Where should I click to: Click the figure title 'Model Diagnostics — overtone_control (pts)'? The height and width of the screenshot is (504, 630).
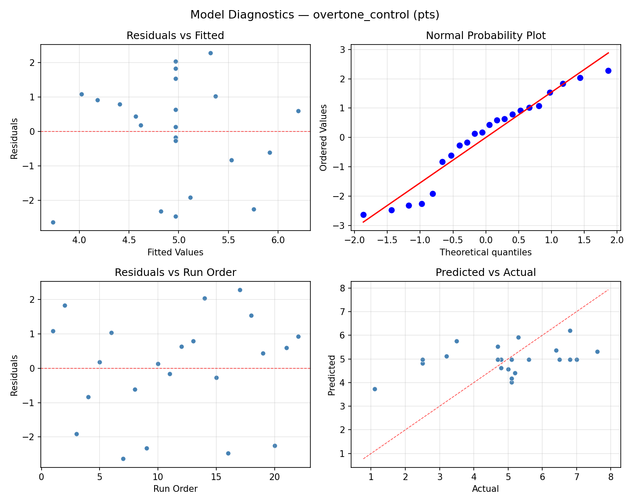[315, 15]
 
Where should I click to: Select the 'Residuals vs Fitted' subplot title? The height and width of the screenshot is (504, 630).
[175, 36]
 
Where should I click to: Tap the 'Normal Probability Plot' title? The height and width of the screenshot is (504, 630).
[486, 36]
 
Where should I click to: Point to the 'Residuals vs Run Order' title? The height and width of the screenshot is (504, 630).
[175, 273]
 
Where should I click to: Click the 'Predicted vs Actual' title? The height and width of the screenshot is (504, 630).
[486, 273]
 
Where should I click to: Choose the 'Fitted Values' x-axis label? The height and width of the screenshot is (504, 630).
[175, 252]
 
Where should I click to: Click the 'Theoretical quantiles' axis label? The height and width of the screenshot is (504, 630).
[486, 252]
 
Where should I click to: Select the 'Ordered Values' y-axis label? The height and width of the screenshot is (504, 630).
[323, 138]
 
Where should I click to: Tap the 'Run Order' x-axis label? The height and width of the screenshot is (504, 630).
[175, 489]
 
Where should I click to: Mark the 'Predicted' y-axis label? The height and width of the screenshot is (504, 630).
[332, 375]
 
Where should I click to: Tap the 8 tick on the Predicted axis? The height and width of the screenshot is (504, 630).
[343, 289]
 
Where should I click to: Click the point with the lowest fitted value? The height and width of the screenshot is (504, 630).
[53, 222]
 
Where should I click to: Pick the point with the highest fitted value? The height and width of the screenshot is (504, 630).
[298, 111]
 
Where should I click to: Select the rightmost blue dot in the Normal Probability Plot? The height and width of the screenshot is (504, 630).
[608, 71]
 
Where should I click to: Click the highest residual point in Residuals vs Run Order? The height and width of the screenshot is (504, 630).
[240, 290]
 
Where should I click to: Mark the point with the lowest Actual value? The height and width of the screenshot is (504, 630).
[375, 389]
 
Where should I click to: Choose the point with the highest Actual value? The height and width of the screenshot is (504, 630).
[597, 352]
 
